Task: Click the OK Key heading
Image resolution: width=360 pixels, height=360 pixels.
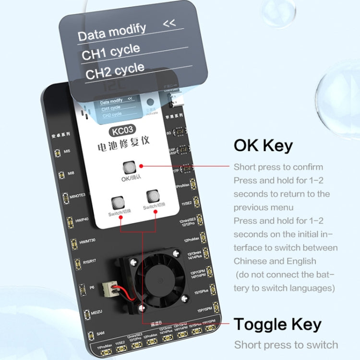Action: pyautogui.click(x=263, y=145)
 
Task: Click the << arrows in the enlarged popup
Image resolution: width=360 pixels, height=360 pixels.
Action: pyautogui.click(x=169, y=24)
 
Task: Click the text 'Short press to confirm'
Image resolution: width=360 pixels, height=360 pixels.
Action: pyautogui.click(x=278, y=167)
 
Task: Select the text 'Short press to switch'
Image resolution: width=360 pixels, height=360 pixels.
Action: pyautogui.click(x=286, y=345)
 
